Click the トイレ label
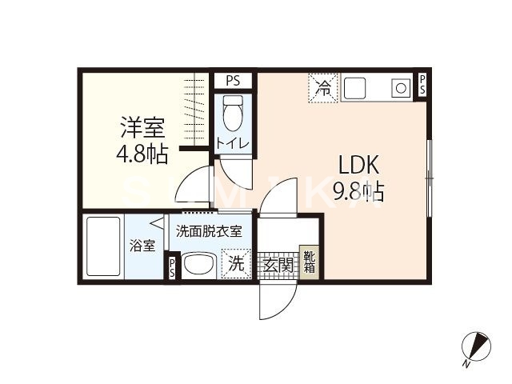[x=233, y=144]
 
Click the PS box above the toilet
[x=233, y=79]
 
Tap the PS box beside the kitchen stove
[x=422, y=86]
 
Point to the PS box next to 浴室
[x=173, y=268]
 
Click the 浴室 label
[x=145, y=246]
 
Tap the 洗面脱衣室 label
[x=209, y=231]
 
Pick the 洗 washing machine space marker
[x=237, y=263]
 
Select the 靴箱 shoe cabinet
[x=309, y=262]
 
